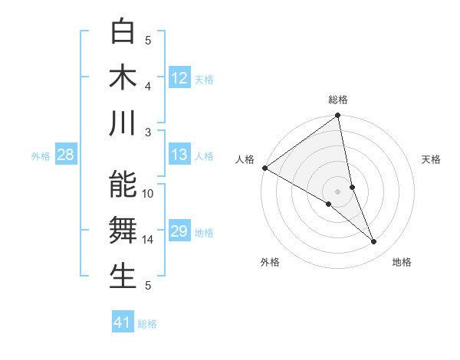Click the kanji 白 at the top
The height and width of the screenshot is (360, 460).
pyautogui.click(x=123, y=31)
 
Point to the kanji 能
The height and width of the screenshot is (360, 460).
pyautogui.click(x=123, y=185)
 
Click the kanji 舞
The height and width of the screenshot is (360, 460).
pyautogui.click(x=123, y=230)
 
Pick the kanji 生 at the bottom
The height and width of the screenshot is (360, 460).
pyautogui.click(x=123, y=276)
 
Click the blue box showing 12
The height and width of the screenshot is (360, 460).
pyautogui.click(x=179, y=77)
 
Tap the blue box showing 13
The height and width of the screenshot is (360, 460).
pyautogui.click(x=179, y=155)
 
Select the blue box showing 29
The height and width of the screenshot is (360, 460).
pyautogui.click(x=179, y=231)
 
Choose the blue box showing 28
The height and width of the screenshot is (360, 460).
pyautogui.click(x=66, y=155)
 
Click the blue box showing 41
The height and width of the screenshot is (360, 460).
pyautogui.click(x=123, y=322)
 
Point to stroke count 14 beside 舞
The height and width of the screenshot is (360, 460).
pyautogui.click(x=148, y=240)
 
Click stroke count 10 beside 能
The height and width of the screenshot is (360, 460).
pyautogui.click(x=148, y=194)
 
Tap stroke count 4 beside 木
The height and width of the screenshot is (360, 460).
pyautogui.click(x=148, y=86)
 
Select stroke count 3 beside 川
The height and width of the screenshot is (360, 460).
pyautogui.click(x=148, y=132)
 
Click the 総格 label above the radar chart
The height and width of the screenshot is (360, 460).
pyautogui.click(x=338, y=100)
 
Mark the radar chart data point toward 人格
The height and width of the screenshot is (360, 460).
pyautogui.click(x=264, y=168)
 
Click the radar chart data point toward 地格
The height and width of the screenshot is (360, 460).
pyautogui.click(x=374, y=242)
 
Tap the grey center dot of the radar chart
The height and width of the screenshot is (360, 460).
pyautogui.click(x=337, y=191)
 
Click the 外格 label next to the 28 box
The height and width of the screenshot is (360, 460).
pyautogui.click(x=41, y=155)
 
